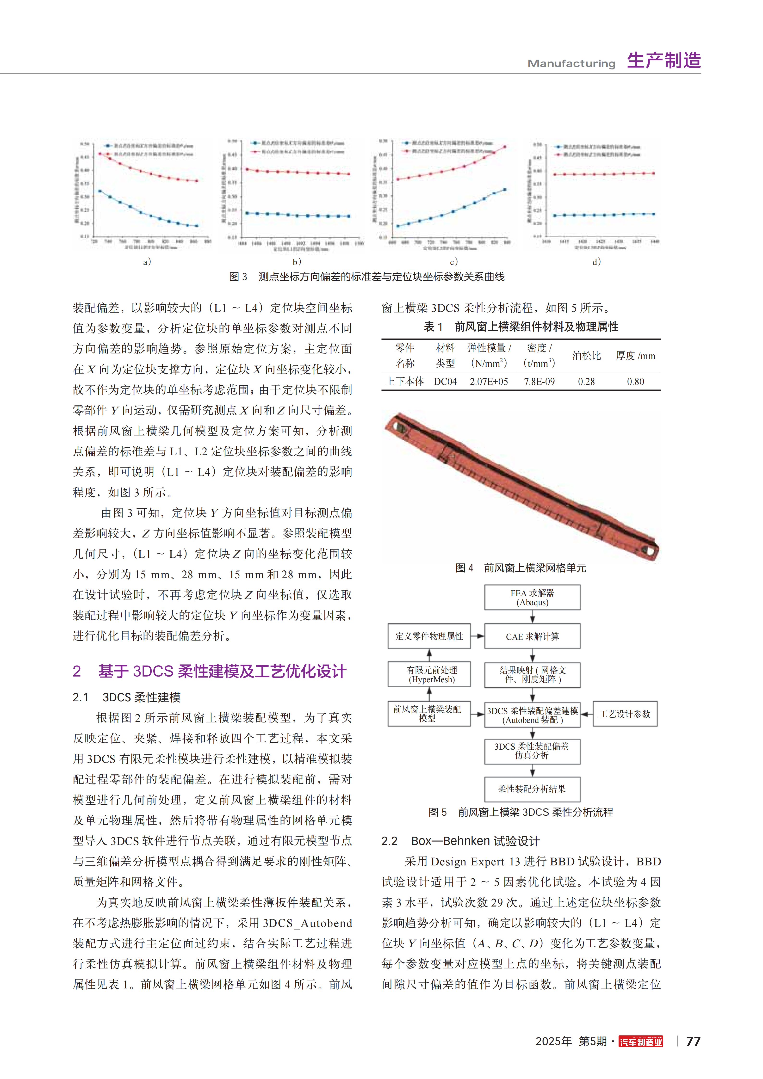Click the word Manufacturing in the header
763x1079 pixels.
pyautogui.click(x=571, y=63)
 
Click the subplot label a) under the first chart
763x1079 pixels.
pyautogui.click(x=147, y=262)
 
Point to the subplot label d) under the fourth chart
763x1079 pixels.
pyautogui.click(x=596, y=262)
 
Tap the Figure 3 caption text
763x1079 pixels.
pyautogui.click(x=367, y=277)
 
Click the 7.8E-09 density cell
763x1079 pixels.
pyautogui.click(x=539, y=382)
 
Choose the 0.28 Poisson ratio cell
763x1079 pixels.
pyautogui.click(x=586, y=382)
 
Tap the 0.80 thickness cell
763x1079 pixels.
pyautogui.click(x=635, y=382)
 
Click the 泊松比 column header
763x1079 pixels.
pyautogui.click(x=586, y=356)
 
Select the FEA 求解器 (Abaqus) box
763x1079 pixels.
pyautogui.click(x=532, y=597)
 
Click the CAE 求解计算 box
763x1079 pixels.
pyautogui.click(x=532, y=636)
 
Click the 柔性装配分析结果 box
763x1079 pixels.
pyautogui.click(x=532, y=789)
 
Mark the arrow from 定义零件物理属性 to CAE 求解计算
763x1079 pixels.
pyautogui.click(x=478, y=636)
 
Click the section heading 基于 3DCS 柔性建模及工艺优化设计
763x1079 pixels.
pyautogui.click(x=222, y=671)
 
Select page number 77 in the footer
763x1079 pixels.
pyautogui.click(x=693, y=1042)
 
